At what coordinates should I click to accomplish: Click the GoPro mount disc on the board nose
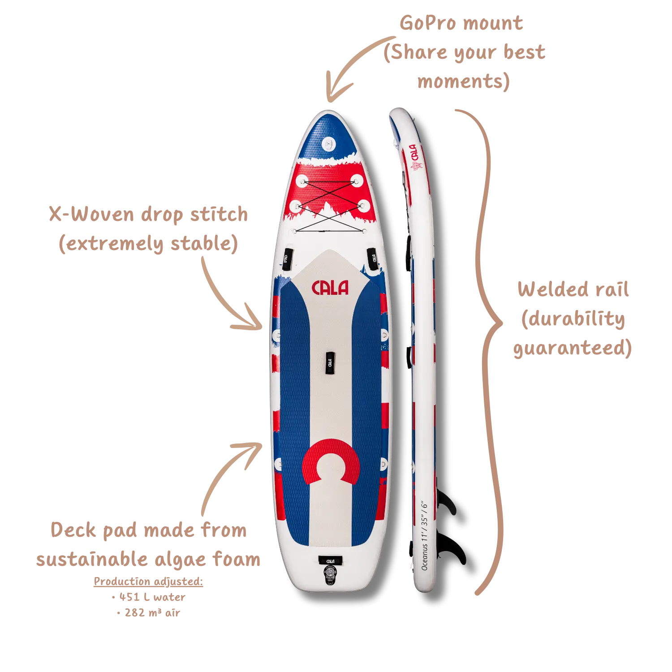pyautogui.click(x=330, y=144)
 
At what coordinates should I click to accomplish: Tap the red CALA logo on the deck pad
pyautogui.click(x=330, y=288)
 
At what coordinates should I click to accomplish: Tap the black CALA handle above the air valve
pyautogui.click(x=330, y=560)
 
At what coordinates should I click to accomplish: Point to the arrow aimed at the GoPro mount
pyautogui.click(x=354, y=67)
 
